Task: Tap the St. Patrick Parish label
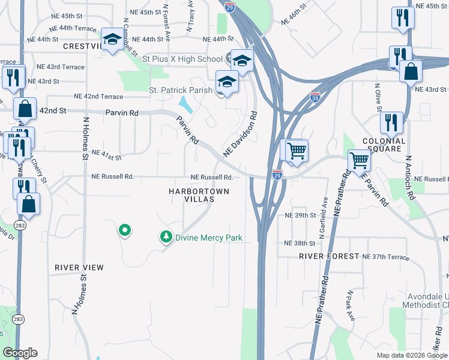pos(180,90)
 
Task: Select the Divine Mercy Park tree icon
pos(166,238)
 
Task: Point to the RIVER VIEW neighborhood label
pos(79,267)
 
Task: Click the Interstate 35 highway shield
pos(315,96)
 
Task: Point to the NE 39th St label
pos(300,215)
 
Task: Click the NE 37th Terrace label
pos(385,257)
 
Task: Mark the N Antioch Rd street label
pos(408,178)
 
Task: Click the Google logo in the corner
pos(20,353)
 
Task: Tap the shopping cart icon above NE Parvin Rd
pos(359,160)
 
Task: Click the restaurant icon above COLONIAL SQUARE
pos(391,123)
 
